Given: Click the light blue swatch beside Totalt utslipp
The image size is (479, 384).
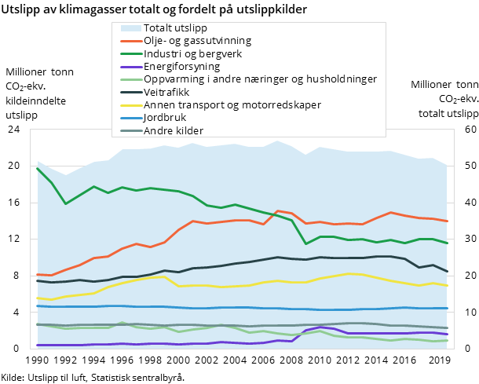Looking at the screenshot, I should click(x=126, y=28).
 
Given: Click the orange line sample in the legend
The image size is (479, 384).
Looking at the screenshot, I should click(x=126, y=41).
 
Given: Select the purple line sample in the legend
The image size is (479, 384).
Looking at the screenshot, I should click(x=126, y=67).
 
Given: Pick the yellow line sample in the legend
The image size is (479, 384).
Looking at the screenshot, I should click(x=126, y=104).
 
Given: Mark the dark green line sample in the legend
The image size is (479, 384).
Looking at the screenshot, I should click(x=126, y=54).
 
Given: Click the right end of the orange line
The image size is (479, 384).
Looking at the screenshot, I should click(x=448, y=221).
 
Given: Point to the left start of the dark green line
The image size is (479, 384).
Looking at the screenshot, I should click(x=37, y=168).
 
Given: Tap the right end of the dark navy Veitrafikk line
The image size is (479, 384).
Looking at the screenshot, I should click(x=448, y=272).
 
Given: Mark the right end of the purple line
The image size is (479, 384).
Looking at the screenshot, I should click(x=448, y=335).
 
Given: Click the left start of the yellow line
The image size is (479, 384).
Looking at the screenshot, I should click(x=37, y=298).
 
